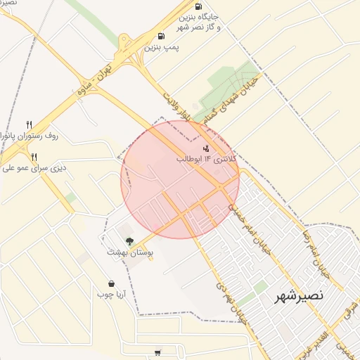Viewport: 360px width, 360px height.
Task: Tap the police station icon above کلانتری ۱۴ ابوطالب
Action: tap(206, 148)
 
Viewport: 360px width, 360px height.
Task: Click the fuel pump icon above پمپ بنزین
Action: tap(162, 36)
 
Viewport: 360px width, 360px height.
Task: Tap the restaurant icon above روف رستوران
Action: tap(29, 124)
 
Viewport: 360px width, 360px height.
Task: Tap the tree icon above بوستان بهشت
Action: tap(129, 241)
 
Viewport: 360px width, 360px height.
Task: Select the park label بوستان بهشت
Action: tap(134, 252)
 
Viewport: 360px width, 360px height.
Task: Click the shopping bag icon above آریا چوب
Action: tap(111, 283)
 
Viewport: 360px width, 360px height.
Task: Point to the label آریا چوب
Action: tap(111, 295)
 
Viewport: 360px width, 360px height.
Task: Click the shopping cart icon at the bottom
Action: tap(157, 353)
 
